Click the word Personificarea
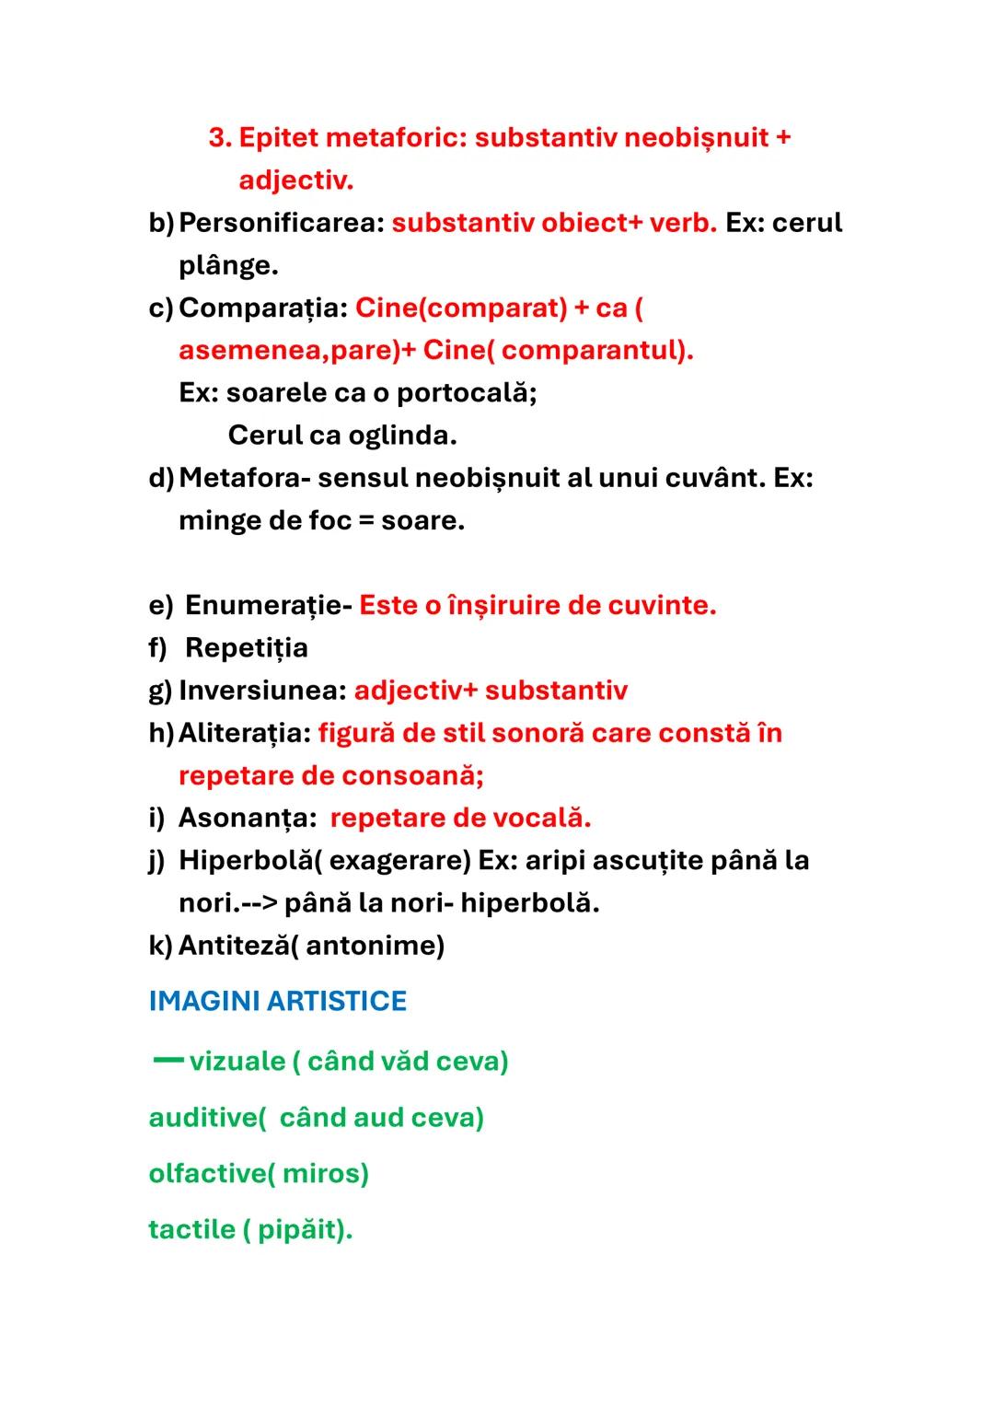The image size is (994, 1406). [x=281, y=223]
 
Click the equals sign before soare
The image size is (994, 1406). [x=366, y=520]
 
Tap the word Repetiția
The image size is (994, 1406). [x=247, y=647]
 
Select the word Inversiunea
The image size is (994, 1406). [x=261, y=690]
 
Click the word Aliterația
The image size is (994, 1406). [x=244, y=733]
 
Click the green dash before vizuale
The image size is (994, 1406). [x=168, y=1060]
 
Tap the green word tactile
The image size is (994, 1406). [x=191, y=1229]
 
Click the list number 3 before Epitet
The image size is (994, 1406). [x=219, y=138]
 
